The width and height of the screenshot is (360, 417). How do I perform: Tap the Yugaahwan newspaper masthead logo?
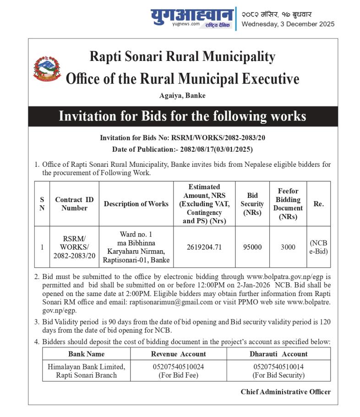(x=192, y=18)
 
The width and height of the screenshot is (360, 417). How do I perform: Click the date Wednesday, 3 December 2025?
(x=288, y=24)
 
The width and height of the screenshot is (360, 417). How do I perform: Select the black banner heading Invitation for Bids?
(x=182, y=116)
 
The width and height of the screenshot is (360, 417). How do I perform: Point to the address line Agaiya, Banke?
(x=182, y=96)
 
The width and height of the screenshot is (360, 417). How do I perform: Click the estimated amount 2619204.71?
(x=204, y=247)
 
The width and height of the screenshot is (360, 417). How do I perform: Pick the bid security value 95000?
(x=252, y=247)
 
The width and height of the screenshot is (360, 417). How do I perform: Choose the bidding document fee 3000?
(x=288, y=247)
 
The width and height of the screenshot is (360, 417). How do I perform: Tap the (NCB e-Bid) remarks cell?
(x=318, y=247)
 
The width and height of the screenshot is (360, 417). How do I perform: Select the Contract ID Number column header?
(x=74, y=204)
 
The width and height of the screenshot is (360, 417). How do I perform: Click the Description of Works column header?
(x=136, y=204)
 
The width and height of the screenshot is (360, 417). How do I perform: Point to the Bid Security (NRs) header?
(x=252, y=204)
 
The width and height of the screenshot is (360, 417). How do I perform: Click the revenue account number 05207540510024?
(x=179, y=367)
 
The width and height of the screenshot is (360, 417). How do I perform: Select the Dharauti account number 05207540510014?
(x=278, y=367)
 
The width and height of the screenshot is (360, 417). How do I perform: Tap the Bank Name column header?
(x=86, y=354)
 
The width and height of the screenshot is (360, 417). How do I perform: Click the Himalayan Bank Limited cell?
(x=86, y=371)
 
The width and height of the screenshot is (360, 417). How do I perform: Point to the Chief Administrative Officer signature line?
(x=285, y=392)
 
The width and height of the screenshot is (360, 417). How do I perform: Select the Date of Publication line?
(x=182, y=149)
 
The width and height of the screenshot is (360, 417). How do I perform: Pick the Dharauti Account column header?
(x=278, y=354)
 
